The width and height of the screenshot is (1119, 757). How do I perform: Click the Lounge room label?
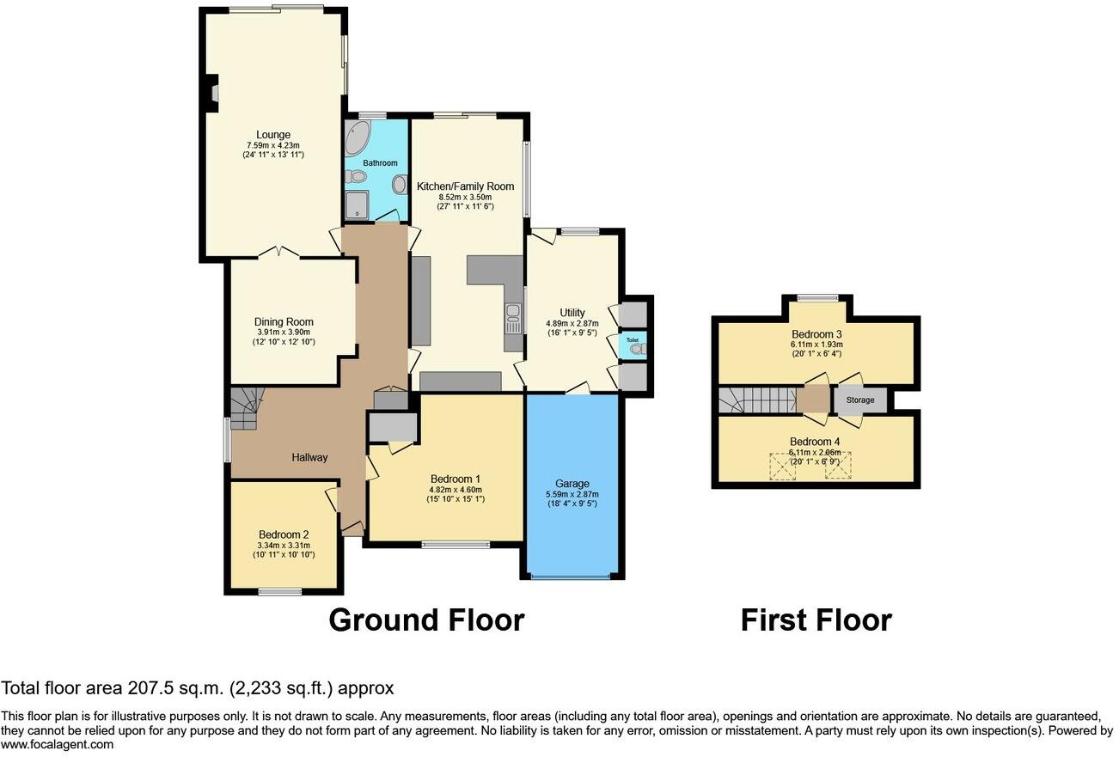272,135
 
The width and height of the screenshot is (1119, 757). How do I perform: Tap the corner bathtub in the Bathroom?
357,137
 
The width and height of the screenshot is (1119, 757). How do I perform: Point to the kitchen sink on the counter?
513,318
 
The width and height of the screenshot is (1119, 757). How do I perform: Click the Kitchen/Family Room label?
465,186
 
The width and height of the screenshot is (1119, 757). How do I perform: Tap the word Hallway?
309,457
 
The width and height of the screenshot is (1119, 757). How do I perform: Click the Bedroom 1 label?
455,479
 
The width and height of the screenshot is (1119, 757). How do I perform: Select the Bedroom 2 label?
283,534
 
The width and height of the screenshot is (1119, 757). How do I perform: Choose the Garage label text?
572,484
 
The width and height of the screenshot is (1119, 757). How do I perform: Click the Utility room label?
572,313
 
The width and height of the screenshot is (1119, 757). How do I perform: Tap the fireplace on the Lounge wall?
212,94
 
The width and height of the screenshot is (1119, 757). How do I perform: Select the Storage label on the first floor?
859,400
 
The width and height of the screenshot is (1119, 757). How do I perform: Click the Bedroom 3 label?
816,334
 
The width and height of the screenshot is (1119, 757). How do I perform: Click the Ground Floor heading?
426,620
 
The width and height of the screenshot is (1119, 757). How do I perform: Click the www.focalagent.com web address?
57,745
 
